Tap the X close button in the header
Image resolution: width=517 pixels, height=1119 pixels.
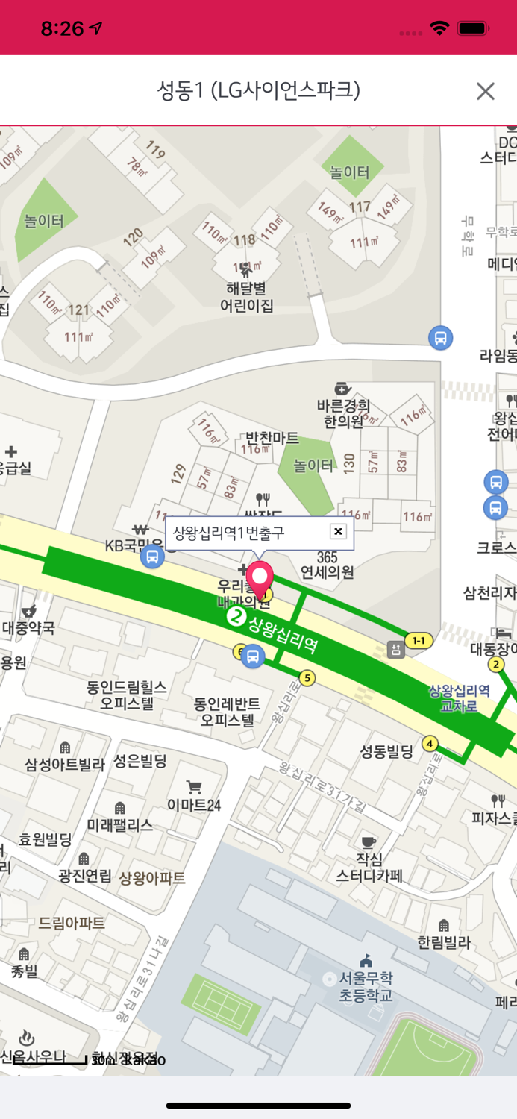pos(485,91)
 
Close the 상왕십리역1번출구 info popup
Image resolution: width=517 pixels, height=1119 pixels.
pos(338,531)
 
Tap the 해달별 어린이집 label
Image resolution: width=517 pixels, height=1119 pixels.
pos(246,297)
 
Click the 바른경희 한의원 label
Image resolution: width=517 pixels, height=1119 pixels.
pos(343,413)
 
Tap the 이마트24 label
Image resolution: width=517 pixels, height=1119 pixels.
pos(194,805)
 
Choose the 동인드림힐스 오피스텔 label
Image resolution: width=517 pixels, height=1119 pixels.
pos(126,695)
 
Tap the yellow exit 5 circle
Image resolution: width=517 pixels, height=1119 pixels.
pos(307,678)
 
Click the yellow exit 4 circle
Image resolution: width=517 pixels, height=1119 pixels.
pos(430,743)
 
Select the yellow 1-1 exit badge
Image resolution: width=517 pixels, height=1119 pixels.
pos(419,640)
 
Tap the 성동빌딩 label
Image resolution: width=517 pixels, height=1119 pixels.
pos(386,751)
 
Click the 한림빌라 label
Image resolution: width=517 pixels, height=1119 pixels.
pos(444,942)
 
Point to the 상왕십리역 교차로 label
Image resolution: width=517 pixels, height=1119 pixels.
pos(459,698)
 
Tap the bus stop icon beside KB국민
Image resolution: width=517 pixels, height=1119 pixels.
pos(152,557)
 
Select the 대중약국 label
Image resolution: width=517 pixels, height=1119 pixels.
pos(28,627)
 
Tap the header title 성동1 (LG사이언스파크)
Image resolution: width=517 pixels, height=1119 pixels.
pos(258,90)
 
